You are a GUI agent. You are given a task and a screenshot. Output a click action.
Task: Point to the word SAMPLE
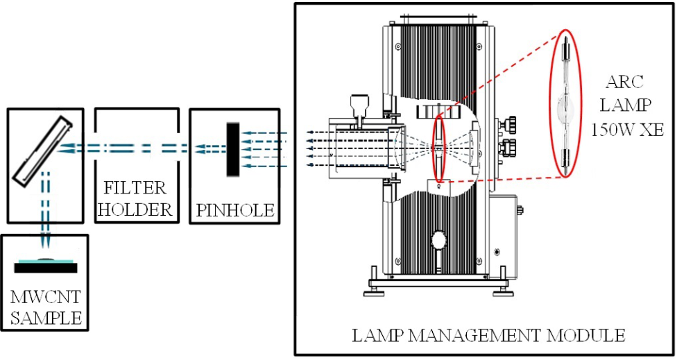(x=46, y=318)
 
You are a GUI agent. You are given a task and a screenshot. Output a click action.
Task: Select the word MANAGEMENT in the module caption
(x=480, y=336)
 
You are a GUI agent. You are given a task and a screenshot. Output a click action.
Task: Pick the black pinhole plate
(x=234, y=149)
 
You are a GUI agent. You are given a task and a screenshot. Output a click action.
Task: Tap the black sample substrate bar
(x=46, y=267)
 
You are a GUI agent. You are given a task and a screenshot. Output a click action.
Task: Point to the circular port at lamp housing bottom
(x=438, y=240)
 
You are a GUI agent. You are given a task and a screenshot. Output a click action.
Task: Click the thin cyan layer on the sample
(x=46, y=261)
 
